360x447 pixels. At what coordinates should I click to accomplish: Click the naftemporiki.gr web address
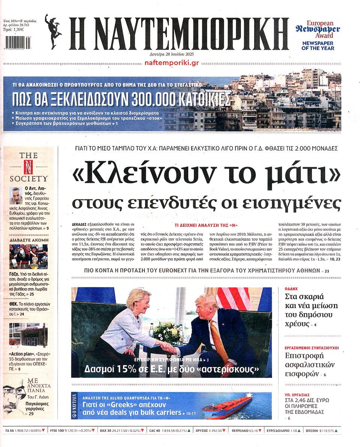coord(172,63)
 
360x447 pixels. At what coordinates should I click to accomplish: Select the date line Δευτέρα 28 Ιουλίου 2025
coord(172,54)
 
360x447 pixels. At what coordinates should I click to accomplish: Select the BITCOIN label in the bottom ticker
coord(313,430)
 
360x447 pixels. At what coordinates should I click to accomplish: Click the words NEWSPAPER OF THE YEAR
coord(318,45)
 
